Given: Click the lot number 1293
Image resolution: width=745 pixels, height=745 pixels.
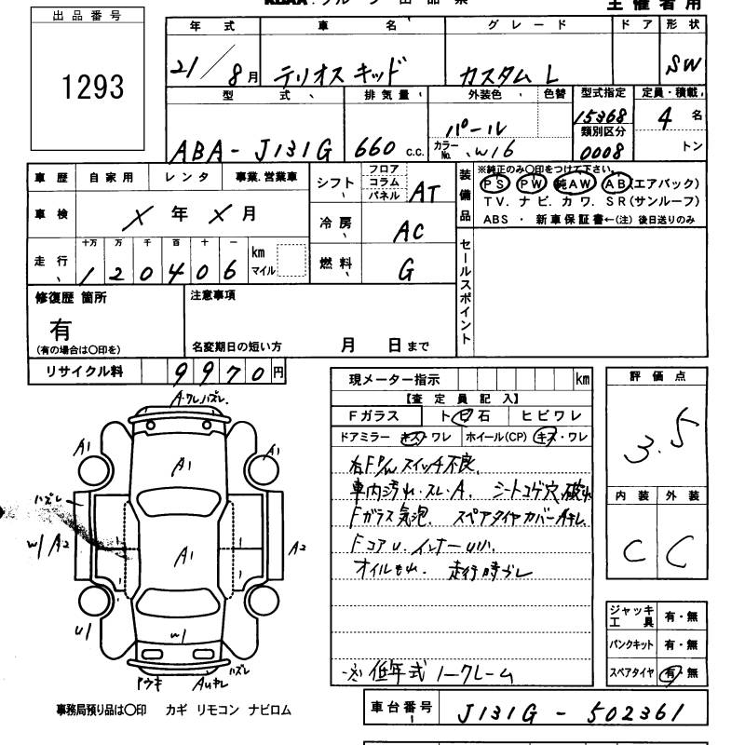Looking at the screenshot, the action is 92,88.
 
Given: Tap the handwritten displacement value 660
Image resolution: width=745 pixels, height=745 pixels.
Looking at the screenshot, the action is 372,149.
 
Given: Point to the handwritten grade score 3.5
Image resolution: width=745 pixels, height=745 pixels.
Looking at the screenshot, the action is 661,442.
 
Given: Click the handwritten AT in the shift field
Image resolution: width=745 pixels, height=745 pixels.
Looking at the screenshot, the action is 425,192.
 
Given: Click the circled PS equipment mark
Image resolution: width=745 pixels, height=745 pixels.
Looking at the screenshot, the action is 494,184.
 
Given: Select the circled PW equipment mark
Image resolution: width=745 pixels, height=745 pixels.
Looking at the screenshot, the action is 531,184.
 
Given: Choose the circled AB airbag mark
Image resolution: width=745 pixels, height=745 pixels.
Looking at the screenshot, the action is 617,183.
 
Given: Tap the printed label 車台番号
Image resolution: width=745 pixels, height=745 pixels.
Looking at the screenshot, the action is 400,709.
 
